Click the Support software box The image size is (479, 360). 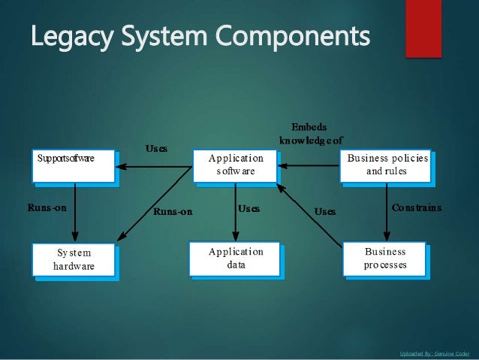(73, 166)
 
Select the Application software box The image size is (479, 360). (236, 165)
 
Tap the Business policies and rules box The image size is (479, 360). (387, 165)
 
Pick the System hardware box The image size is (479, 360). (73, 260)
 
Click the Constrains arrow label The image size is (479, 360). (417, 207)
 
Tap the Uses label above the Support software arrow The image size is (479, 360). (156, 149)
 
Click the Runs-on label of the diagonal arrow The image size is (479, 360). (173, 211)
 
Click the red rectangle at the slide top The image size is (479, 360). (423, 27)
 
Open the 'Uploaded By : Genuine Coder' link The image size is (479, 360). (435, 352)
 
